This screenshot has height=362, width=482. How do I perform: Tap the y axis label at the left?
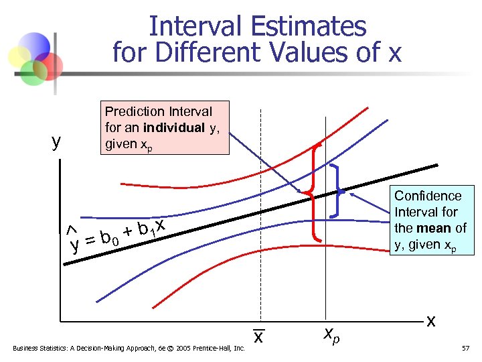(56, 141)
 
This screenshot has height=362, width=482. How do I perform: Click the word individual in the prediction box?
(175, 127)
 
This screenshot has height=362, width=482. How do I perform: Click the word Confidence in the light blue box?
(428, 196)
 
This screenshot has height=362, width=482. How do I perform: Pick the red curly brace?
(313, 192)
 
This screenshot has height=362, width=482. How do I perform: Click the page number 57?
(466, 348)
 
